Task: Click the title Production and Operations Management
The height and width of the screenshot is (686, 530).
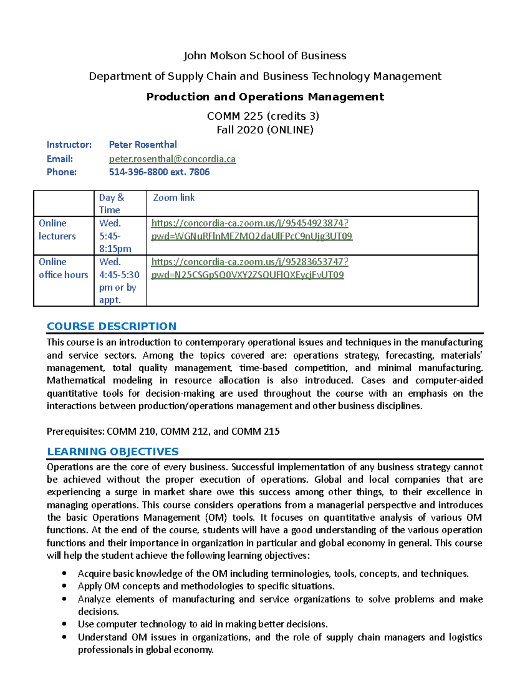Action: (265, 97)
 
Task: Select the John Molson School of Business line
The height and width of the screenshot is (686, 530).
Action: (265, 56)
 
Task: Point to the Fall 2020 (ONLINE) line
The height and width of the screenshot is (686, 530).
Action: (265, 130)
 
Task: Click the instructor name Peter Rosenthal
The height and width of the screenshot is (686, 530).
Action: (143, 144)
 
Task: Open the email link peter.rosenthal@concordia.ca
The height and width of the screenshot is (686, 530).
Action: (172, 159)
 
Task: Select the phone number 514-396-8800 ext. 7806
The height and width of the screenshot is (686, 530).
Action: (159, 172)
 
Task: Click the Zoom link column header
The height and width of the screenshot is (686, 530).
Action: (174, 197)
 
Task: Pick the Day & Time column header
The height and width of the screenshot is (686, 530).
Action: (111, 204)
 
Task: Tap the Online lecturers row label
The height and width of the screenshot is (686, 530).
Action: (57, 230)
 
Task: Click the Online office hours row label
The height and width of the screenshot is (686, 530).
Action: (63, 268)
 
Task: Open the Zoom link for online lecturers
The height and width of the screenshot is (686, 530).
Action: (251, 230)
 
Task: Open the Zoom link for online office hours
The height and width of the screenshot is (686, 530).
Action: (250, 268)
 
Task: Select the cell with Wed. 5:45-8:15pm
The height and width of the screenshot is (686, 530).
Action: (115, 236)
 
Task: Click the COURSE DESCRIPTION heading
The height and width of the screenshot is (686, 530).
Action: (111, 326)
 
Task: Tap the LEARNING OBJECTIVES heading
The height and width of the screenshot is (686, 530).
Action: (113, 451)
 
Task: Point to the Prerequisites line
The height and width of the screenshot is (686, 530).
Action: (163, 431)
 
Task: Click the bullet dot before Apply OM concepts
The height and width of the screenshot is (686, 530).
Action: (64, 586)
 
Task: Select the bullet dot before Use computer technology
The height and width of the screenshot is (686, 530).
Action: (64, 624)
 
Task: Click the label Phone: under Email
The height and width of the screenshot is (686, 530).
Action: (61, 172)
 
